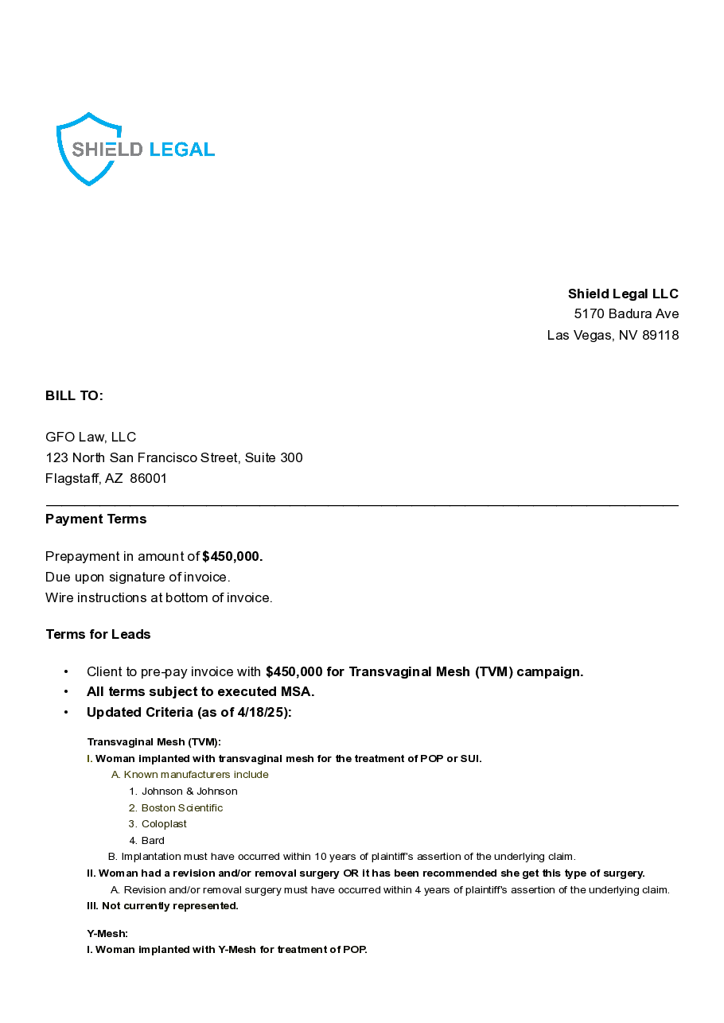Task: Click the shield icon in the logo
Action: point(88,149)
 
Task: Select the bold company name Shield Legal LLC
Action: point(623,294)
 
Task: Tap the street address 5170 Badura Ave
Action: point(626,313)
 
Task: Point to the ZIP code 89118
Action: point(660,335)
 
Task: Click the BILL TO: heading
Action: point(74,395)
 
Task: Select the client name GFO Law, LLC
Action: point(91,437)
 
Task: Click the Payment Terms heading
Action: point(96,519)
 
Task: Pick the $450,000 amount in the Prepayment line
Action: point(232,556)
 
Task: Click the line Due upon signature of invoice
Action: point(138,577)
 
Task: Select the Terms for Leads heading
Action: point(98,634)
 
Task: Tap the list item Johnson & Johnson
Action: point(189,791)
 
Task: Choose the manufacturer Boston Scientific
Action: point(182,807)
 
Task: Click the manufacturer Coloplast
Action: point(164,824)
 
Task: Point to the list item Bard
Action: point(153,840)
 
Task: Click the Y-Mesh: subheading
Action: point(107,933)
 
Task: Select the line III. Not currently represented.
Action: point(162,905)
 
